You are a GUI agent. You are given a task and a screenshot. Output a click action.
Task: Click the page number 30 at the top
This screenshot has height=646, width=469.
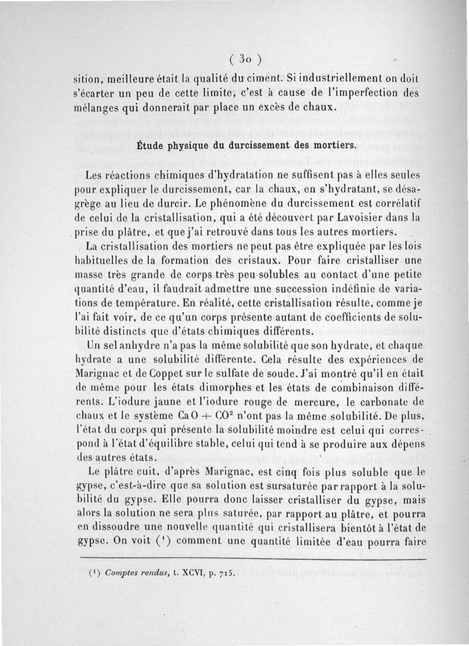coord(245,59)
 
